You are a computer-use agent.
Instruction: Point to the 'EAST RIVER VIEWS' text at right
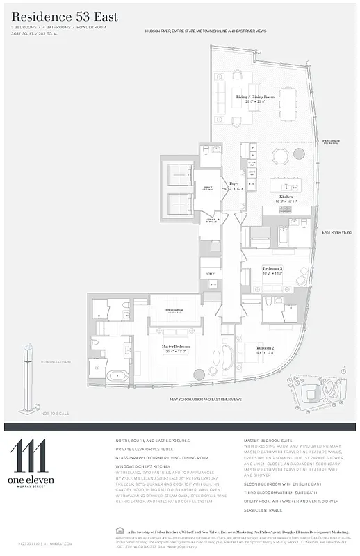tap(336, 232)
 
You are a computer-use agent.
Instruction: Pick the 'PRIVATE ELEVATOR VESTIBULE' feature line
tap(148, 449)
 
